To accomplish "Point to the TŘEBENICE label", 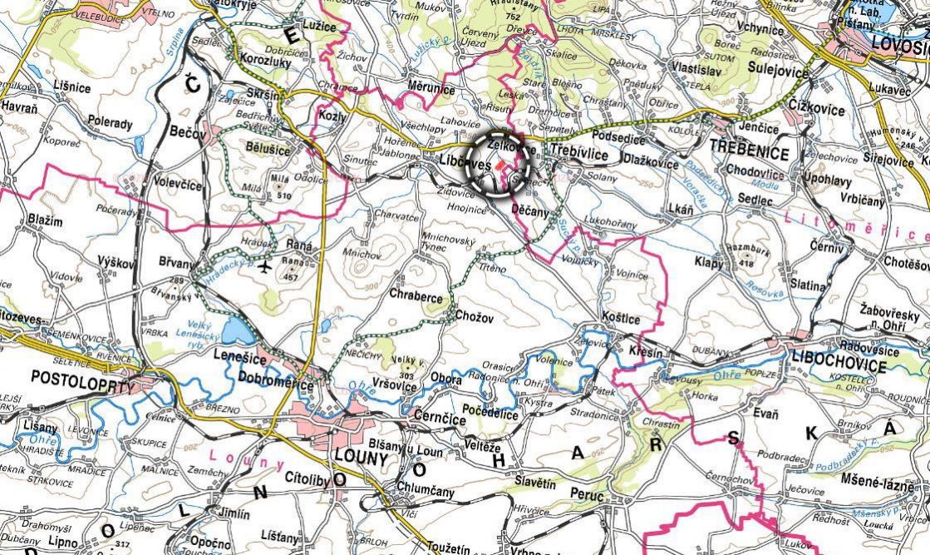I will click(748, 154).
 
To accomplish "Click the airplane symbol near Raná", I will click(265, 266).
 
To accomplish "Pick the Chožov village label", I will click(475, 315).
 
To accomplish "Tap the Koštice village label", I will click(622, 320).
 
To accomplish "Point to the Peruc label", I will click(587, 493).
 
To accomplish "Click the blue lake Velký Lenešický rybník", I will click(239, 330).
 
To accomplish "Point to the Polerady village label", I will click(110, 124).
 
